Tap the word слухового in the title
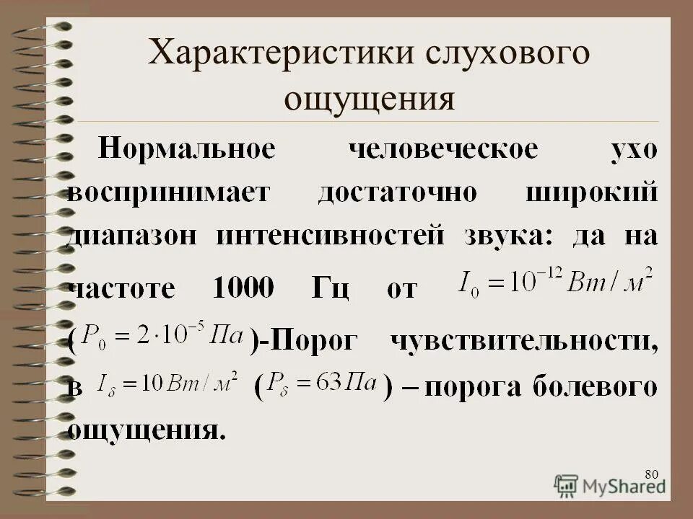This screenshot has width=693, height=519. [512, 56]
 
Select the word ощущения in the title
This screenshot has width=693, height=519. [370, 99]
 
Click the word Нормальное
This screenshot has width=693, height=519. [186, 150]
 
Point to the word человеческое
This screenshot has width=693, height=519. [443, 150]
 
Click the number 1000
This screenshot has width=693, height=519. [243, 289]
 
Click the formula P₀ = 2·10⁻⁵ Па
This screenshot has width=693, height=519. [162, 336]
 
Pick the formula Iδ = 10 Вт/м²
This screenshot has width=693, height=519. [167, 385]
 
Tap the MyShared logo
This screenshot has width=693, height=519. [610, 485]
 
